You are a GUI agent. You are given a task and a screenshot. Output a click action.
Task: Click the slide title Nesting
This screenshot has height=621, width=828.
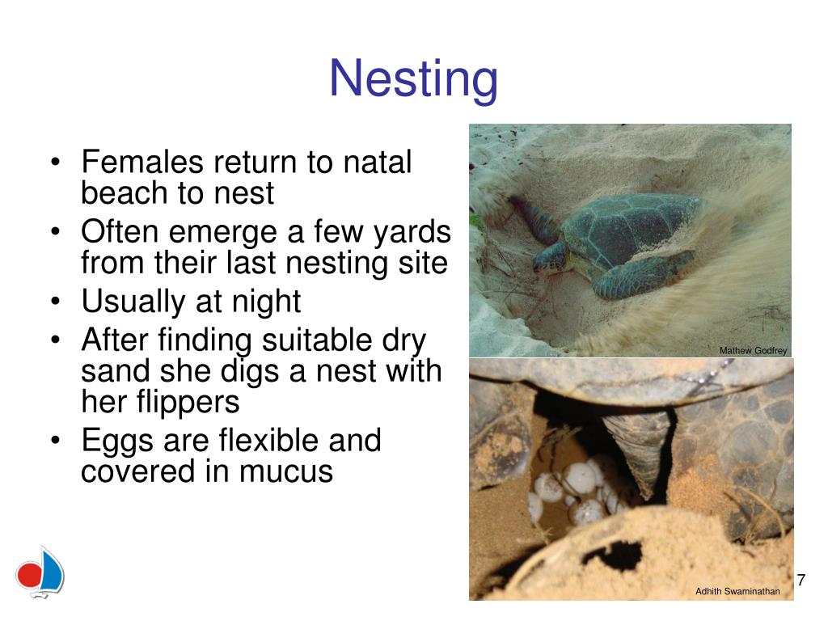click(413, 79)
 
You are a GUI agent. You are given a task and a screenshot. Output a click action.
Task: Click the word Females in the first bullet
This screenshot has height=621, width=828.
click(142, 161)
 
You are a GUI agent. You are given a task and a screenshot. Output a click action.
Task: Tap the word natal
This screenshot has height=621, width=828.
click(377, 161)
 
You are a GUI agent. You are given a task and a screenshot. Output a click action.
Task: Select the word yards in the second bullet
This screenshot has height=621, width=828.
click(412, 232)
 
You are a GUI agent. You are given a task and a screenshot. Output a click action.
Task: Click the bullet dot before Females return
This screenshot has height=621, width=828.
click(56, 162)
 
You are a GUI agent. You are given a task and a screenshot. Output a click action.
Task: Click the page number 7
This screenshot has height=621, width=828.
click(801, 580)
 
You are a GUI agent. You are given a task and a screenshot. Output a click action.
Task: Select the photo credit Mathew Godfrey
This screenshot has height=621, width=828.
click(753, 351)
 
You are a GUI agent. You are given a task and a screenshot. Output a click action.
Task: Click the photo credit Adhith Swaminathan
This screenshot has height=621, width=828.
click(737, 591)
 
